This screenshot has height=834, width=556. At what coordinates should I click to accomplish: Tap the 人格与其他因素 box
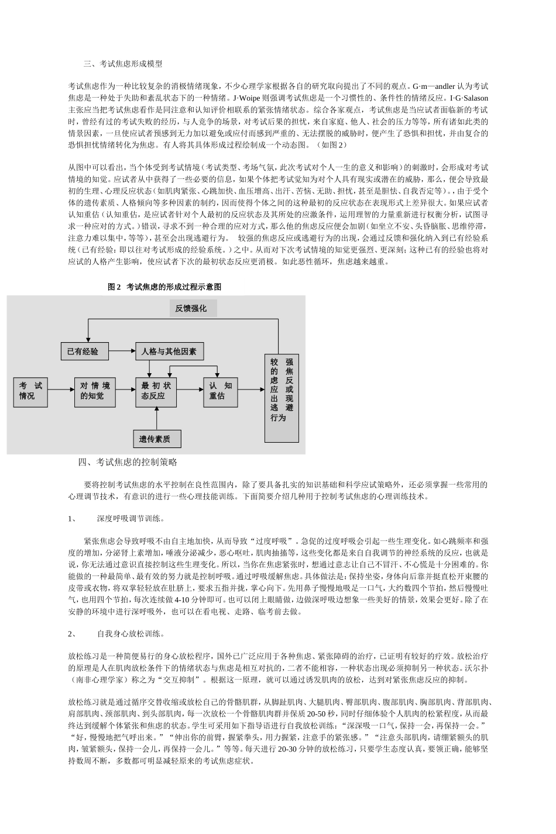pos(169,351)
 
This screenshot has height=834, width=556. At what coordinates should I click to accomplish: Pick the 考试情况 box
pos(31,391)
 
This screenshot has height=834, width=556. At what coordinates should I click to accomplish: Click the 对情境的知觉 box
pos(95,391)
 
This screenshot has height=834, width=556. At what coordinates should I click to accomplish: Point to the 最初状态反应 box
pos(156,391)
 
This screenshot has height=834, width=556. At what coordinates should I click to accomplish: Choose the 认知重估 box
pos(221,391)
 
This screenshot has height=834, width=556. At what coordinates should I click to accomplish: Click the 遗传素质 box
pos(156,439)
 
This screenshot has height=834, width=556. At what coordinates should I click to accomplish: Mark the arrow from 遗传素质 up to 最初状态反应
pos(156,418)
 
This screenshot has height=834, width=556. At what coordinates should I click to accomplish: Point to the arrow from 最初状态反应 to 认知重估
pos(191,390)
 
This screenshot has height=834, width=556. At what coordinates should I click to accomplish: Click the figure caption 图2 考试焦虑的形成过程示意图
pos(164,287)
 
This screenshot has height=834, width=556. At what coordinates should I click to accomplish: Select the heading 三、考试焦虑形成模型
pos(123,64)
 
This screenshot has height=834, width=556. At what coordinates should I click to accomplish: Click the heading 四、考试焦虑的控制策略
pos(128,462)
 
